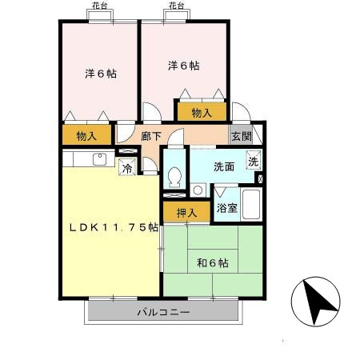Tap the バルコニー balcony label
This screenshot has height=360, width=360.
pyautogui.click(x=163, y=311)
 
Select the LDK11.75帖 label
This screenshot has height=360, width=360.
pyautogui.click(x=113, y=227)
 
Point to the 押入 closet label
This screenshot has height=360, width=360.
pyautogui.click(x=182, y=211)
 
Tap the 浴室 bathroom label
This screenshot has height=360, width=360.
pyautogui.click(x=226, y=209)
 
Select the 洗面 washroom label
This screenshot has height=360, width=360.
pyautogui.click(x=223, y=167)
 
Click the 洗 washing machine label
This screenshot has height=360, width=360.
pyautogui.click(x=254, y=160)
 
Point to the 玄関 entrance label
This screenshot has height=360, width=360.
pyautogui.click(x=241, y=136)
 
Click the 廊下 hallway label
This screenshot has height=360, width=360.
pyautogui.click(x=152, y=136)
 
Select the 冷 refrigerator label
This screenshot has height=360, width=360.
pyautogui.click(x=126, y=168)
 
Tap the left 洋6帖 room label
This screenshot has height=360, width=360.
pyautogui.click(x=102, y=74)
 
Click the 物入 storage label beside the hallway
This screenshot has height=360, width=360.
pyautogui.click(x=87, y=136)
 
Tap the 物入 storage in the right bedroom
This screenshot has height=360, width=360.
pyautogui.click(x=202, y=113)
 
